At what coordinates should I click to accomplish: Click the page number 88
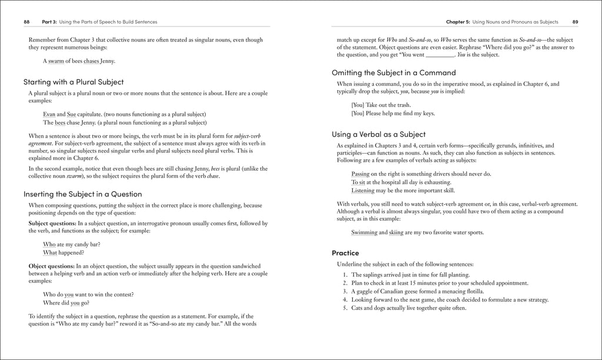click(x=26, y=22)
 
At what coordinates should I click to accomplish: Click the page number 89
click(x=575, y=22)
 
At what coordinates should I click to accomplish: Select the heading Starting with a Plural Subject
click(x=73, y=82)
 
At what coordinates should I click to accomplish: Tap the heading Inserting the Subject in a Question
click(x=82, y=194)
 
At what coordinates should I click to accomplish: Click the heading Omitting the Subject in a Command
click(x=393, y=72)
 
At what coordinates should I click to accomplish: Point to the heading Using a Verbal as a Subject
click(x=379, y=134)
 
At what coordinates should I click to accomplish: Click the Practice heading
click(x=345, y=253)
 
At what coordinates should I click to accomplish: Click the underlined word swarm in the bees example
click(x=59, y=61)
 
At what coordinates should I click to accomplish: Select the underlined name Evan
click(x=49, y=114)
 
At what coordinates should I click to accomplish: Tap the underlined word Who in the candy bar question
click(x=49, y=244)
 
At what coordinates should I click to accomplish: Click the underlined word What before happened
click(x=50, y=252)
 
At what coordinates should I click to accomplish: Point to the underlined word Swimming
click(x=364, y=232)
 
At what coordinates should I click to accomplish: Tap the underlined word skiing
click(x=396, y=232)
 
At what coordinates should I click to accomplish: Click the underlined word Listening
click(x=363, y=191)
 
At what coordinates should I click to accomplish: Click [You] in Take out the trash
click(x=358, y=105)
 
